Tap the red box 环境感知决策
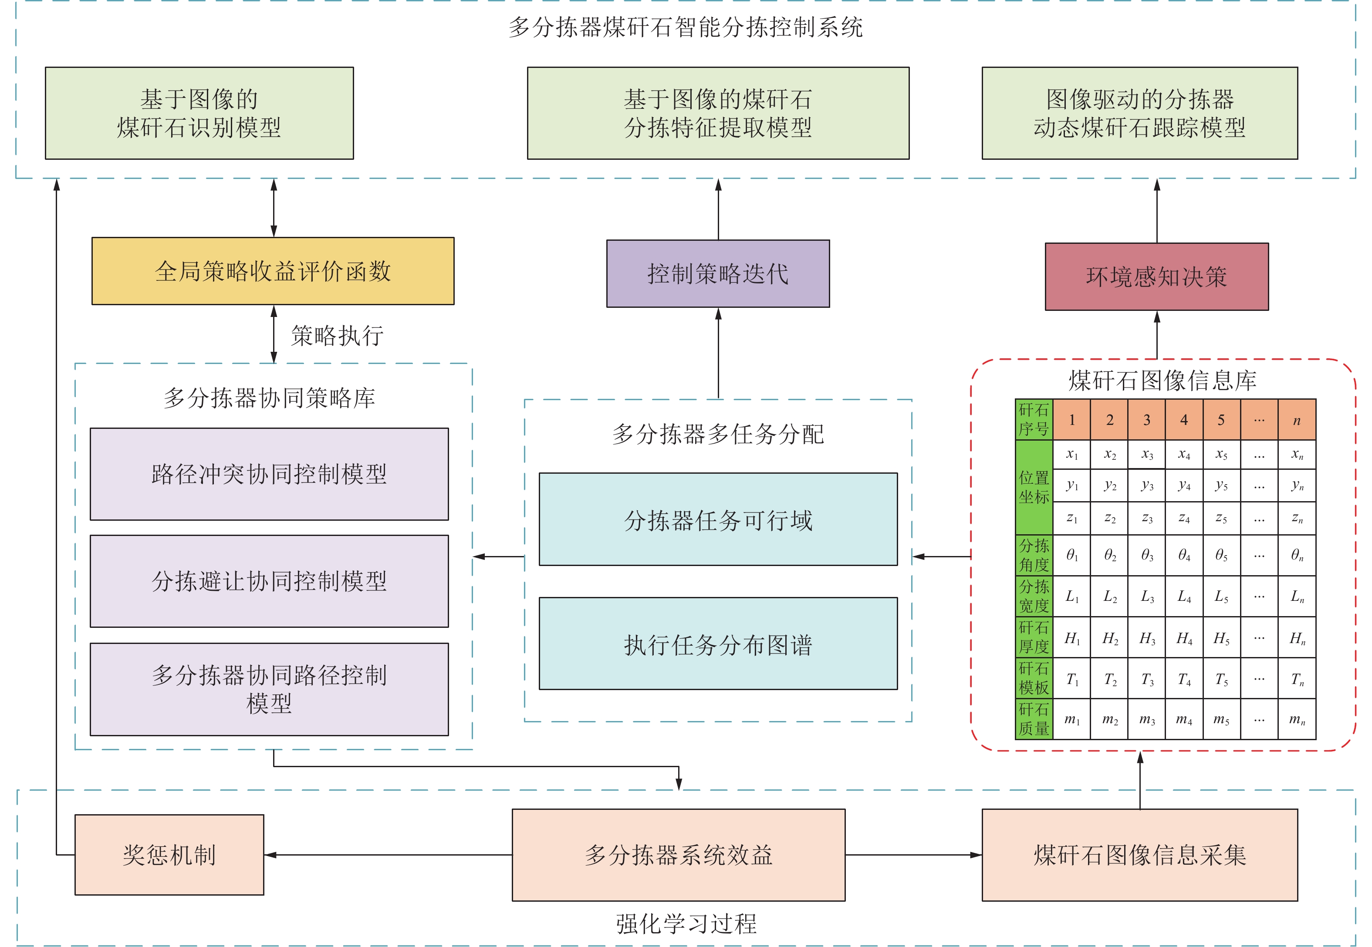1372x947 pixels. [1156, 276]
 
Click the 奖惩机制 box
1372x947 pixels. [169, 854]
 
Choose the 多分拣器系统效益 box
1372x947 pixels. [678, 854]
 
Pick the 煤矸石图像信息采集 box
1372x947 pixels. [1139, 854]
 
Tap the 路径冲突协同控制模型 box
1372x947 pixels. [269, 474]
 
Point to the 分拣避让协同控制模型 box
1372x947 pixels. [269, 581]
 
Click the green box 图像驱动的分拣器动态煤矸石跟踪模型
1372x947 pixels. [1139, 113]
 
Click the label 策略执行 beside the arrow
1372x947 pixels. [337, 336]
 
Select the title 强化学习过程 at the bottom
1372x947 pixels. [686, 923]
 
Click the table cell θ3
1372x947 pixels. [1146, 556]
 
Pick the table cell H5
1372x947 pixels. [1221, 638]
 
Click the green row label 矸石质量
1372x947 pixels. [1034, 719]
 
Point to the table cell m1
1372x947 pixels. [1072, 720]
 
